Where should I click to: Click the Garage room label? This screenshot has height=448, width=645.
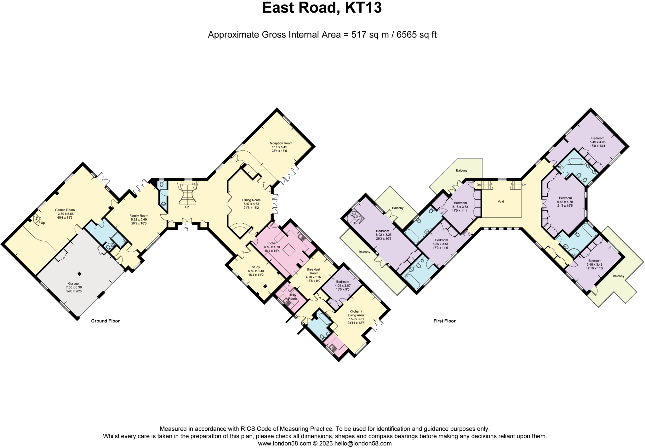(74, 284)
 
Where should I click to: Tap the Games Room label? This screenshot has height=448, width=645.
(65, 210)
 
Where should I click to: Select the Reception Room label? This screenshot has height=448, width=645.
(280, 143)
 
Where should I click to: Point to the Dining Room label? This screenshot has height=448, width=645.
(251, 200)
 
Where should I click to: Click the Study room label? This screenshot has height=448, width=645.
(256, 267)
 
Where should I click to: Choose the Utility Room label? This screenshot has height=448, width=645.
(292, 297)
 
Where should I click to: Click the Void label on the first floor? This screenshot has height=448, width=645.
(501, 202)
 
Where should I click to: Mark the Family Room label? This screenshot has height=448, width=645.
(139, 216)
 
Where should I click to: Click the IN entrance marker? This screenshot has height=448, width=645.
(185, 228)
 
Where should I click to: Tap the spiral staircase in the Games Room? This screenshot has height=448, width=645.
(37, 219)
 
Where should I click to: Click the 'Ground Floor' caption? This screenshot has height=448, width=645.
(106, 321)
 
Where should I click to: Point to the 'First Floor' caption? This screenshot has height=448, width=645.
(444, 321)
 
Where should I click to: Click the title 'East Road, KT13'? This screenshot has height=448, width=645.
(322, 8)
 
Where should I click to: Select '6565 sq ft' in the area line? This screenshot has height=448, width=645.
(416, 35)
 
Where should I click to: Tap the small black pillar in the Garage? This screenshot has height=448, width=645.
(80, 274)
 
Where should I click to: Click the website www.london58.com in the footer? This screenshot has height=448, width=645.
(284, 444)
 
